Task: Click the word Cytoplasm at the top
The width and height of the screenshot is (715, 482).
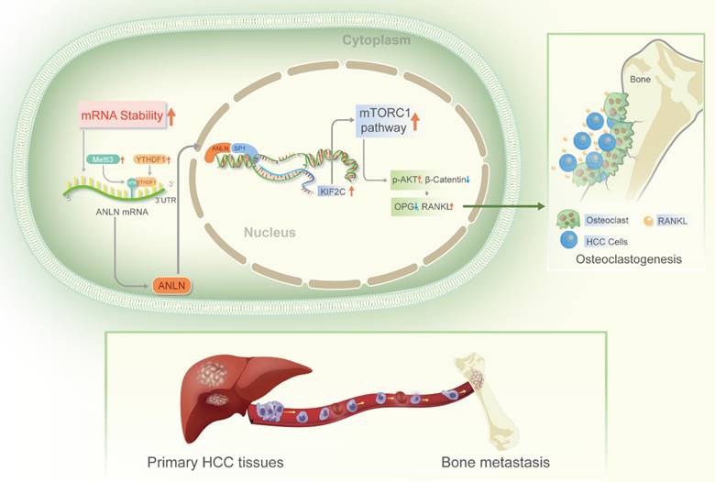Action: coord(377,40)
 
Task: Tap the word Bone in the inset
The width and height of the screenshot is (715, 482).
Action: coord(641,81)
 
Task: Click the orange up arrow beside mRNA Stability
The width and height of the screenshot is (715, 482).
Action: coord(170,116)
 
